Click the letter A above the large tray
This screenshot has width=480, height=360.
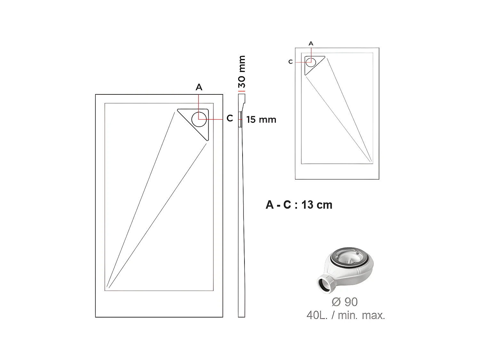point(199,87)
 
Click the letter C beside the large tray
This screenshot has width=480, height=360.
point(229,118)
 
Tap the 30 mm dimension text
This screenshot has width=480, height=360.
point(242,72)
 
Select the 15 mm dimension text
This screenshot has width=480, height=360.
point(261,120)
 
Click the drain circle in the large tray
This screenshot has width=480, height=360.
point(199,119)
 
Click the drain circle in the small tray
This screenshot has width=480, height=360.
point(310,61)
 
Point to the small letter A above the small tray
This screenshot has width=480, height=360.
point(311,44)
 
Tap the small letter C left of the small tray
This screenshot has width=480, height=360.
point(290,62)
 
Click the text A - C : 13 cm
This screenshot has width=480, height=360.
point(299,205)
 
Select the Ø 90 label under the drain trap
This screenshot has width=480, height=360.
point(345,302)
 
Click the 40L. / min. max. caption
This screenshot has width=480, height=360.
point(346,316)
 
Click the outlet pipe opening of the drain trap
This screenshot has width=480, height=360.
point(324,284)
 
